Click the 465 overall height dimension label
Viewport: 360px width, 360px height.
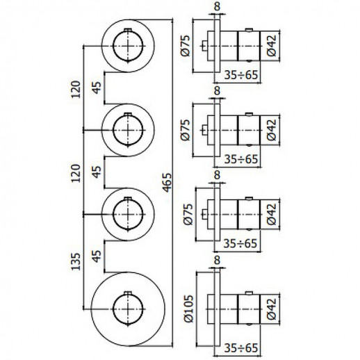click(x=167, y=182)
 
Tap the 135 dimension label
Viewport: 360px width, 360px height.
click(x=76, y=261)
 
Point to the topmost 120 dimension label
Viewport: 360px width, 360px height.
click(x=76, y=90)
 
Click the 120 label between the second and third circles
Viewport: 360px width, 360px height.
click(x=76, y=173)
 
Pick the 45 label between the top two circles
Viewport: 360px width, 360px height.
click(x=97, y=88)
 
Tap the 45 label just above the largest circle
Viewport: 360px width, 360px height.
click(x=97, y=256)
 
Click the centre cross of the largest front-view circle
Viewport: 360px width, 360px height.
click(x=128, y=309)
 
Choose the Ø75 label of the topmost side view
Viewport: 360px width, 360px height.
click(x=186, y=45)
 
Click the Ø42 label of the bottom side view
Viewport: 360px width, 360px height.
click(x=272, y=309)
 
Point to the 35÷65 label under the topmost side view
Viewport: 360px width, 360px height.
click(x=241, y=75)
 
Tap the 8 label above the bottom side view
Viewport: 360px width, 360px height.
click(x=217, y=260)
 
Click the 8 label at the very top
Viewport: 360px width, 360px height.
click(x=217, y=6)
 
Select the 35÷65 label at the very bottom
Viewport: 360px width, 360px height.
click(x=241, y=347)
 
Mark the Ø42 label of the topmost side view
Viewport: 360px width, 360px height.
click(x=272, y=45)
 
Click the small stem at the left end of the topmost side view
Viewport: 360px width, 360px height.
click(x=204, y=46)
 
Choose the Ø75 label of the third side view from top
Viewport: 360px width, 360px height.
click(x=188, y=214)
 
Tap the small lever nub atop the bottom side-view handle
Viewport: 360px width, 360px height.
click(x=249, y=293)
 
